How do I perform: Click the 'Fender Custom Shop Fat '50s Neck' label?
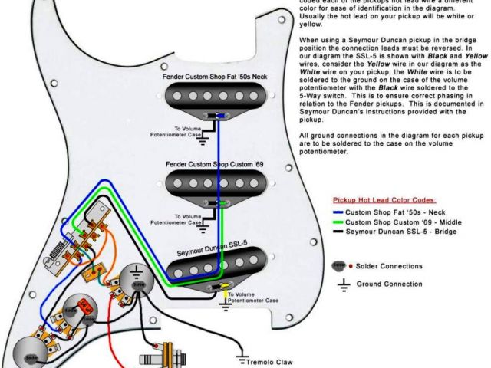[214, 77]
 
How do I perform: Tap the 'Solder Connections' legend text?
[389, 266]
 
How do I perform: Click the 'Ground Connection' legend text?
[389, 284]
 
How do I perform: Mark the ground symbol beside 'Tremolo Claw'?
[242, 360]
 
